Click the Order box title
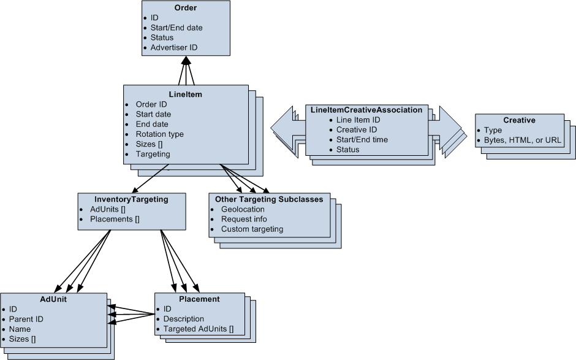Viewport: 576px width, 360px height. (x=186, y=8)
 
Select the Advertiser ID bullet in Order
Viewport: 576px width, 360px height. (x=173, y=47)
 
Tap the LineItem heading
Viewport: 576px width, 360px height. (x=185, y=94)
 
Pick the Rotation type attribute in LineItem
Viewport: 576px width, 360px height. (x=159, y=134)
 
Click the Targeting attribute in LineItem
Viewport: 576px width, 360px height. (x=153, y=154)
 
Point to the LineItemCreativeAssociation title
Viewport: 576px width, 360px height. (x=366, y=110)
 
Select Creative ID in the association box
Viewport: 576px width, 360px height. (x=356, y=130)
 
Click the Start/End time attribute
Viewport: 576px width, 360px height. (x=362, y=140)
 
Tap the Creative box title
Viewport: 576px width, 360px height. (x=519, y=120)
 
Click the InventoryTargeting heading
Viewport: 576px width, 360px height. (x=131, y=199)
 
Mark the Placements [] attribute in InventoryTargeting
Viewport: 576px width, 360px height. (x=115, y=219)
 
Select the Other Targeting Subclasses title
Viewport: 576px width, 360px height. (x=269, y=199)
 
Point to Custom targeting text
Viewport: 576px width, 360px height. (x=252, y=229)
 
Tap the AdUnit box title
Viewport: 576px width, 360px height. (x=53, y=299)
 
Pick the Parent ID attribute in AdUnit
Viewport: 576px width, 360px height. (x=26, y=319)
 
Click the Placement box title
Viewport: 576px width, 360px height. (x=199, y=299)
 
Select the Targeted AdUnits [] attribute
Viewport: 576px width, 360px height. (x=198, y=329)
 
